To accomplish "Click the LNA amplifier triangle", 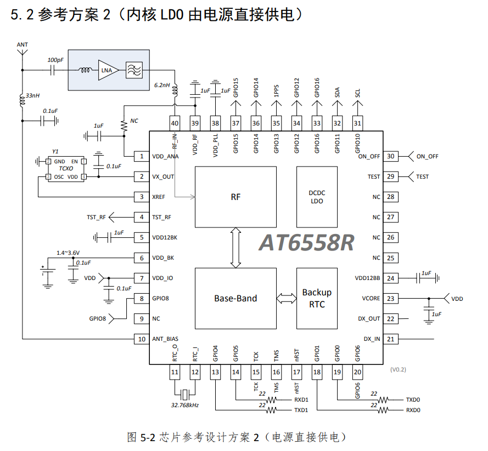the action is [x=108, y=70].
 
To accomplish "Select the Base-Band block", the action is [x=235, y=298].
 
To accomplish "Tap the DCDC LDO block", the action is [x=317, y=197].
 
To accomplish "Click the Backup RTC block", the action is [x=317, y=298].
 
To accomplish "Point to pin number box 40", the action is [x=175, y=123].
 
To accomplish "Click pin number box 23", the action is [x=391, y=299].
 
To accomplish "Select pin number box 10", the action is [x=142, y=339].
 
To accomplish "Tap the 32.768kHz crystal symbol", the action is [x=185, y=395].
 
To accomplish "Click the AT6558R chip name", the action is [x=306, y=243].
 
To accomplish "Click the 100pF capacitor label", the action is [x=55, y=60].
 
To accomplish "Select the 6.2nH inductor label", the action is [x=162, y=85].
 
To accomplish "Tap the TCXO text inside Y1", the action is [x=66, y=168].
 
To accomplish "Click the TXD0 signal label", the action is [x=413, y=399].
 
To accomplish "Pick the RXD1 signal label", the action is [x=301, y=399].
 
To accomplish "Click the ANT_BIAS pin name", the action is [x=165, y=339].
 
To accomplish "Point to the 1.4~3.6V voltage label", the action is [x=68, y=253].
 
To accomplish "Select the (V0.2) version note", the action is [x=398, y=369].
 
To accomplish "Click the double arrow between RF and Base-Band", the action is [x=235, y=248].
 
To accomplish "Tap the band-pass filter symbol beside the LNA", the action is [x=134, y=70].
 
